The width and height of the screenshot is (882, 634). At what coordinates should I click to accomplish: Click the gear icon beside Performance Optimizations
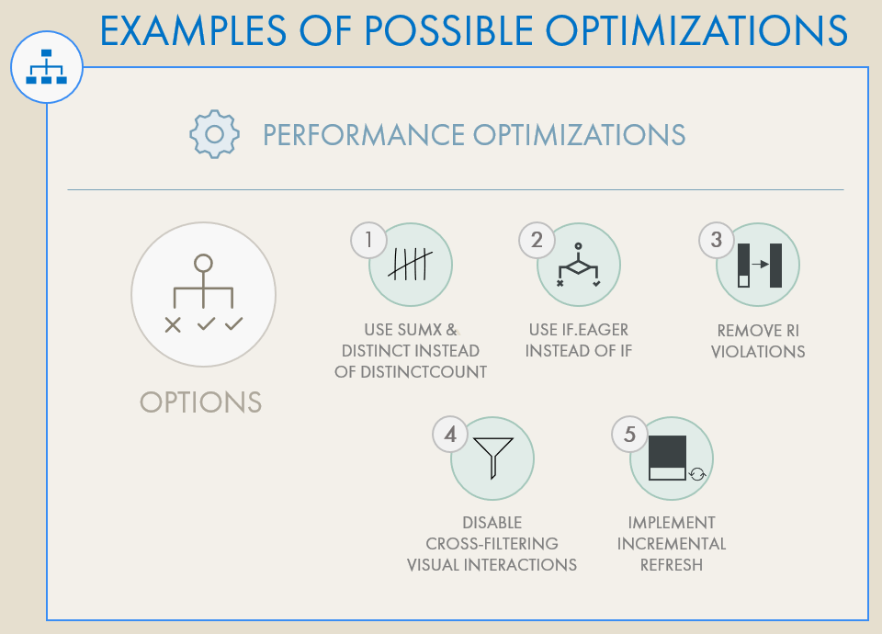tap(214, 134)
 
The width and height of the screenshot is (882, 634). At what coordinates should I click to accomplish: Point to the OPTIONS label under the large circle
tap(201, 402)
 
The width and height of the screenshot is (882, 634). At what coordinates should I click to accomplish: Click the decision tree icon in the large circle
tap(203, 293)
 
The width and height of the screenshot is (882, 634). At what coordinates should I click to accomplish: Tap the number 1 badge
tap(368, 241)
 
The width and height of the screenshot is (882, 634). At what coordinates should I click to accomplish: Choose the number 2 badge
tap(537, 241)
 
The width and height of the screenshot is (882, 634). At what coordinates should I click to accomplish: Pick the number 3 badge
tap(717, 241)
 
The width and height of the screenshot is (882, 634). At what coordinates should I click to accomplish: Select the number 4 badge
tap(450, 435)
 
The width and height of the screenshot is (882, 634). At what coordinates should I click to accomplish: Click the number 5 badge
tap(629, 435)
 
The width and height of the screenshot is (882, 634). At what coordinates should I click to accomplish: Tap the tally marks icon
tap(410, 265)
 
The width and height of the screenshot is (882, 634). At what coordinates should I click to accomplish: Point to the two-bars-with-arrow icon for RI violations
tap(760, 266)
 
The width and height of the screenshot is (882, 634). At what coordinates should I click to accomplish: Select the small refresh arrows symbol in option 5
tap(697, 474)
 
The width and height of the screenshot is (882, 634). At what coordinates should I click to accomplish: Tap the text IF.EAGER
tap(595, 329)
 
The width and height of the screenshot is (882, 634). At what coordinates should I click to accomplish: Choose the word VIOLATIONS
tap(758, 351)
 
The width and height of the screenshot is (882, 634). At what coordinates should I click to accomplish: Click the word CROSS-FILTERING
tap(492, 543)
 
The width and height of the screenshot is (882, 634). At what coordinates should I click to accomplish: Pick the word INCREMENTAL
tap(672, 543)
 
